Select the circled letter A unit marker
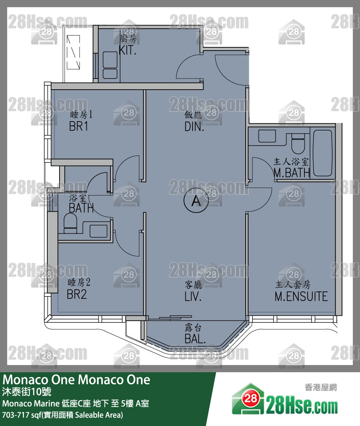click(196, 202)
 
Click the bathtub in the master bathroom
click(322, 153)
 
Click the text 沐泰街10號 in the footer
click(27, 392)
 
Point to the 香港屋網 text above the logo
click(321, 388)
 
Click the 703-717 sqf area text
click(63, 415)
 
